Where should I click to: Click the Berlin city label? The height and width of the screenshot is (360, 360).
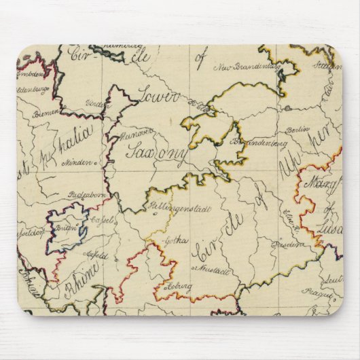click(x=298, y=129)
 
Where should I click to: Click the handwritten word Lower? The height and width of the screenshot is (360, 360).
click(x=158, y=97)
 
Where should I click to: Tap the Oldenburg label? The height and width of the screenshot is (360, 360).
click(x=32, y=89)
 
